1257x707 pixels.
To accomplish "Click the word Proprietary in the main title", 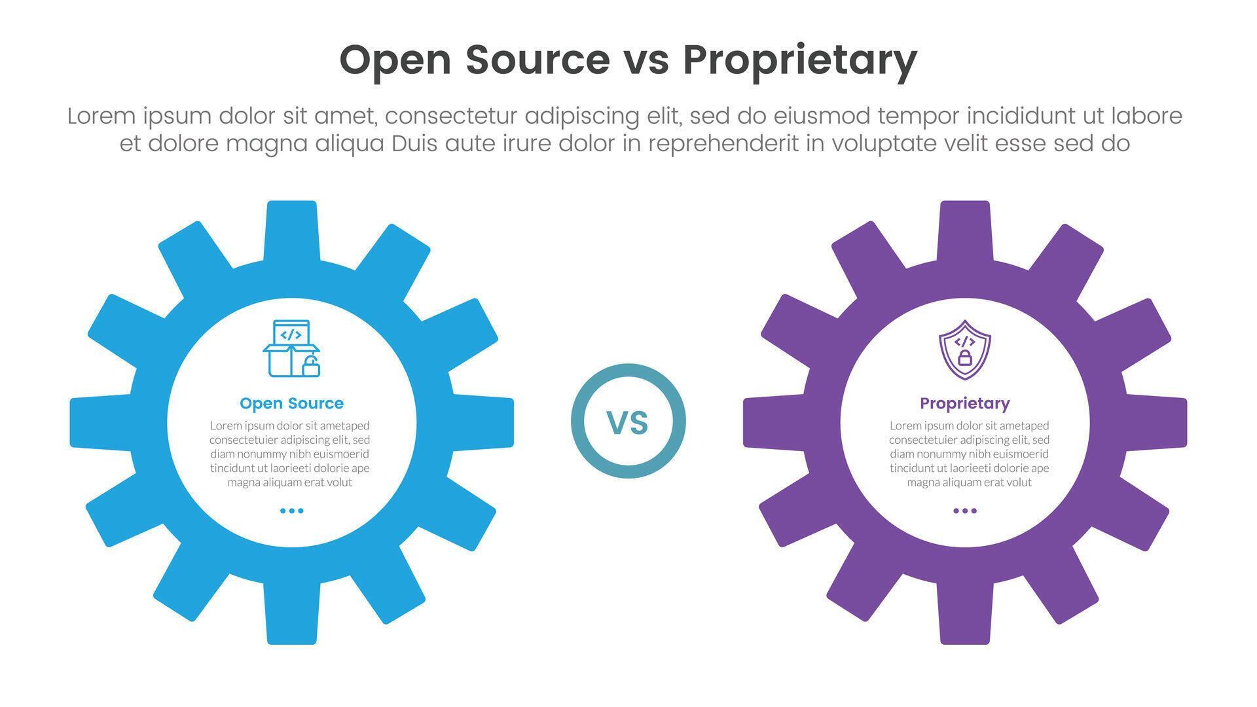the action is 799,60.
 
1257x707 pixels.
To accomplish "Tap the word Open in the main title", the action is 395,60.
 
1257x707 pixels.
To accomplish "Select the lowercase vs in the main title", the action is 646,60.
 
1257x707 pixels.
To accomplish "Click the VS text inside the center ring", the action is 628,423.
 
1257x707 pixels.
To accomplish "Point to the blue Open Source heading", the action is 291,403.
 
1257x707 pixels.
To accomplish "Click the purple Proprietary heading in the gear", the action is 964,403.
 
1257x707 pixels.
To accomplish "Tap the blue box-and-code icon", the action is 291,348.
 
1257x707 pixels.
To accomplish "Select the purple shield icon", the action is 964,349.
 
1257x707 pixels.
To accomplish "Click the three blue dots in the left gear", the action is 291,511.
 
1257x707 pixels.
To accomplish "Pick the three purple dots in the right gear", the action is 964,511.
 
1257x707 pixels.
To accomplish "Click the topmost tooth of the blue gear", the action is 291,229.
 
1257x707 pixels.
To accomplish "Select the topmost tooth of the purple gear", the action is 964,229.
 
